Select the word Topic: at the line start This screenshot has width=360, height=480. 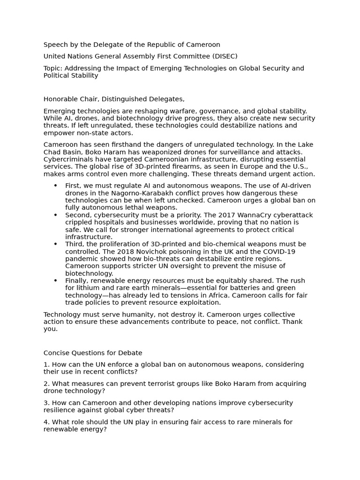coord(53,68)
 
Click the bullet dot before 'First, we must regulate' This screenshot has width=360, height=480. coord(55,186)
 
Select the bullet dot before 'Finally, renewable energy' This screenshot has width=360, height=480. coord(55,281)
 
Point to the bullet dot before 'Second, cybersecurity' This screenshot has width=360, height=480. coord(55,215)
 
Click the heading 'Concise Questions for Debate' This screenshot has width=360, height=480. coord(93,353)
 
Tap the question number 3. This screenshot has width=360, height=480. coord(46,403)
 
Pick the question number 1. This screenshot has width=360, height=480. coord(46,365)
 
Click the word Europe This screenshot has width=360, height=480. coord(232,167)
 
